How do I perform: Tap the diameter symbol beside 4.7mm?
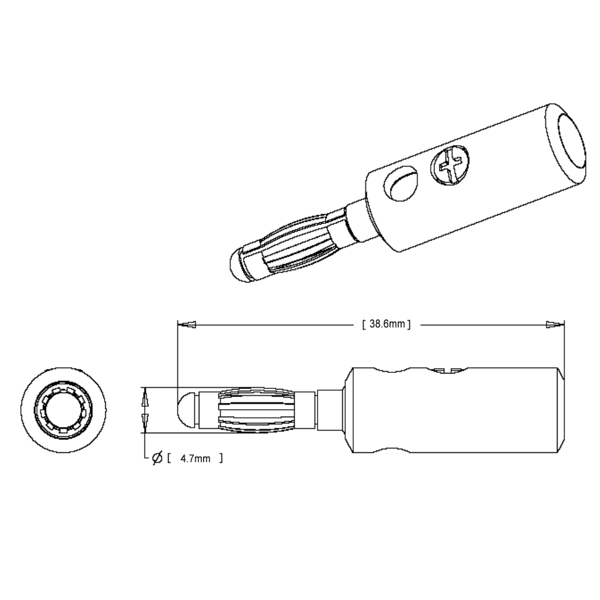157,458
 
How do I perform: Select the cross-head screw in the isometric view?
451,164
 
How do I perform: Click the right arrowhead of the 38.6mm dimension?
556,324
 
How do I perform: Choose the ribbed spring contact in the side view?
257,409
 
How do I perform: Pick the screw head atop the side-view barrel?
447,370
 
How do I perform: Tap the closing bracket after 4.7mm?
220,458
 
